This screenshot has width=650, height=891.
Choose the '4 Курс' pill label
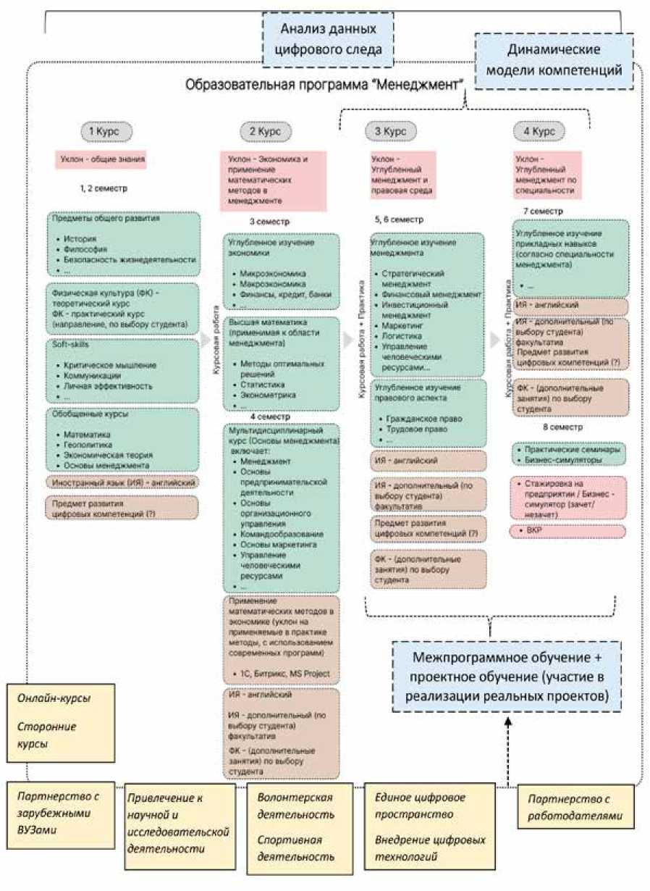pyautogui.click(x=539, y=132)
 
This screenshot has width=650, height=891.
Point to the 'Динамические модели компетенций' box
pyautogui.click(x=554, y=61)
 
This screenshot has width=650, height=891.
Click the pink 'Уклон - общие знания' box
pyautogui.click(x=101, y=159)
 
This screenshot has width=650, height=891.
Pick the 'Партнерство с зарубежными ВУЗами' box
pyautogui.click(x=62, y=812)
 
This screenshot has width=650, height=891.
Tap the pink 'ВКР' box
pyautogui.click(x=568, y=531)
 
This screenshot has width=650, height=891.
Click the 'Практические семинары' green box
pyautogui.click(x=569, y=454)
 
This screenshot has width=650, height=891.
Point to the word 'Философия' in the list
pyautogui.click(x=85, y=248)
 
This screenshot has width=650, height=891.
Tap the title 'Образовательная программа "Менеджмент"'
pyautogui.click(x=324, y=85)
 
